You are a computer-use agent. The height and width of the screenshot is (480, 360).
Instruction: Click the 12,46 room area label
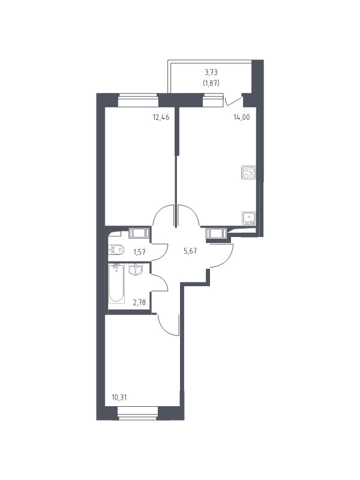(161, 117)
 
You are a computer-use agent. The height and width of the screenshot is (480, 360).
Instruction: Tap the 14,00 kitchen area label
(242, 117)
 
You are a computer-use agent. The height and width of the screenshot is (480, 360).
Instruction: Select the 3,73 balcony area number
(211, 73)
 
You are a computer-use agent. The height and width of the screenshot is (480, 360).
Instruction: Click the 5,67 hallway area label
(190, 251)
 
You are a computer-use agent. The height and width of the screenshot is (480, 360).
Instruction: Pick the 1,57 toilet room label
(139, 252)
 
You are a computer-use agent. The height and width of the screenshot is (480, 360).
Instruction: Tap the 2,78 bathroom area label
(139, 302)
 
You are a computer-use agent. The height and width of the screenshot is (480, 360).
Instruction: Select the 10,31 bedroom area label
(119, 397)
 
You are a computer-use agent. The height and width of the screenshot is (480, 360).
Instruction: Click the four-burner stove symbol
(248, 172)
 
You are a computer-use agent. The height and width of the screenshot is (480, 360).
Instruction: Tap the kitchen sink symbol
(248, 218)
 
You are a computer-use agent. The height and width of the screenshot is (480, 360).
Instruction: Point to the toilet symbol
(116, 250)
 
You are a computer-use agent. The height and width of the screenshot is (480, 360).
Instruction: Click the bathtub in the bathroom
(116, 284)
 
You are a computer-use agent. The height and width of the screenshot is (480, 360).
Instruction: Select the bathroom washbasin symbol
(135, 269)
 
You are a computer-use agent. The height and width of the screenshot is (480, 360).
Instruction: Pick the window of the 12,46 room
(139, 100)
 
